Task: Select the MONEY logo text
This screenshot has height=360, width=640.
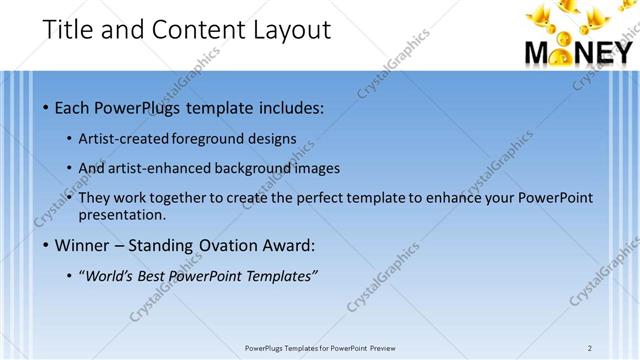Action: (x=578, y=53)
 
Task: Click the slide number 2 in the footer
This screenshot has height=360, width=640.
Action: (x=590, y=348)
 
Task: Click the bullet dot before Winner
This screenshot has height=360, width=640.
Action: (x=47, y=245)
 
